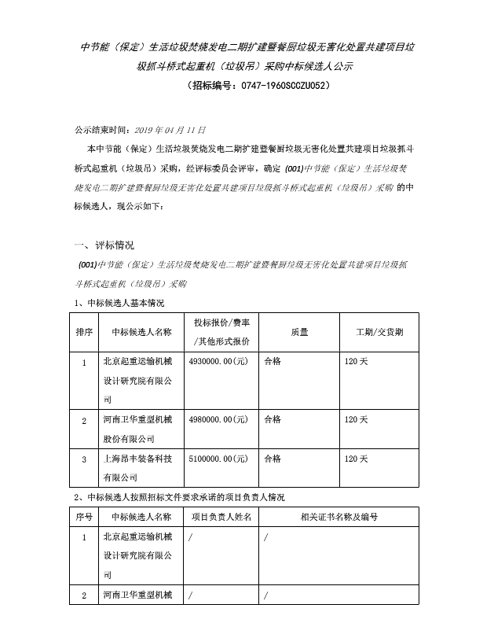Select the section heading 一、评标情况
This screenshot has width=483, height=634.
pos(103,245)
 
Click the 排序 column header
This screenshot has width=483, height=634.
pos(83,332)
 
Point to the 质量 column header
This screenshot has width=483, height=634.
pos(298,332)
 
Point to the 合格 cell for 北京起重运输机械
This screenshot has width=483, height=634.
pos(272,363)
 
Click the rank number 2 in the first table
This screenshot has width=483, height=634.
pos(83,421)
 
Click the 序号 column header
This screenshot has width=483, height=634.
pos(83,517)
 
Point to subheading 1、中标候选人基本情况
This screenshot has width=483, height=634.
pos(119,303)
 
